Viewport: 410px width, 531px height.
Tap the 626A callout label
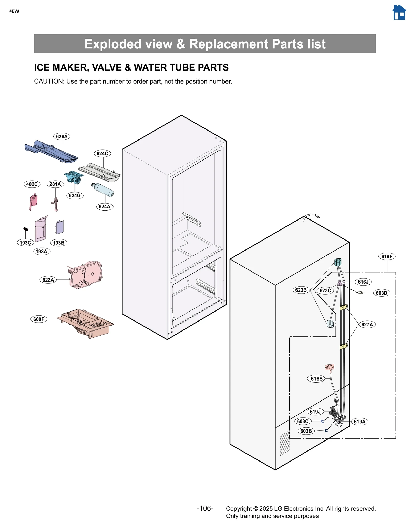(62, 136)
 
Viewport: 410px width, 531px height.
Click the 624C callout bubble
(102, 153)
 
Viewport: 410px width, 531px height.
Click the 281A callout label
(55, 184)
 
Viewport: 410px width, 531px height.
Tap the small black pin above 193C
(26, 229)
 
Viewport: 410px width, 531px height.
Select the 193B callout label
(58, 243)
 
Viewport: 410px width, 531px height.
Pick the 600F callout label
(39, 319)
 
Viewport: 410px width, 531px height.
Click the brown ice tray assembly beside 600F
(86, 323)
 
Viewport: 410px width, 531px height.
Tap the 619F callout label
(386, 256)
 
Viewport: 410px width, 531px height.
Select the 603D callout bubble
(381, 293)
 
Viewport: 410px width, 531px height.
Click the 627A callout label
(367, 324)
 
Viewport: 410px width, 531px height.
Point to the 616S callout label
(316, 379)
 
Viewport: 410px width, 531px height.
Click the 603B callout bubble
(306, 431)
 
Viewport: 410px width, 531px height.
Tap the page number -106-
(205, 508)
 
